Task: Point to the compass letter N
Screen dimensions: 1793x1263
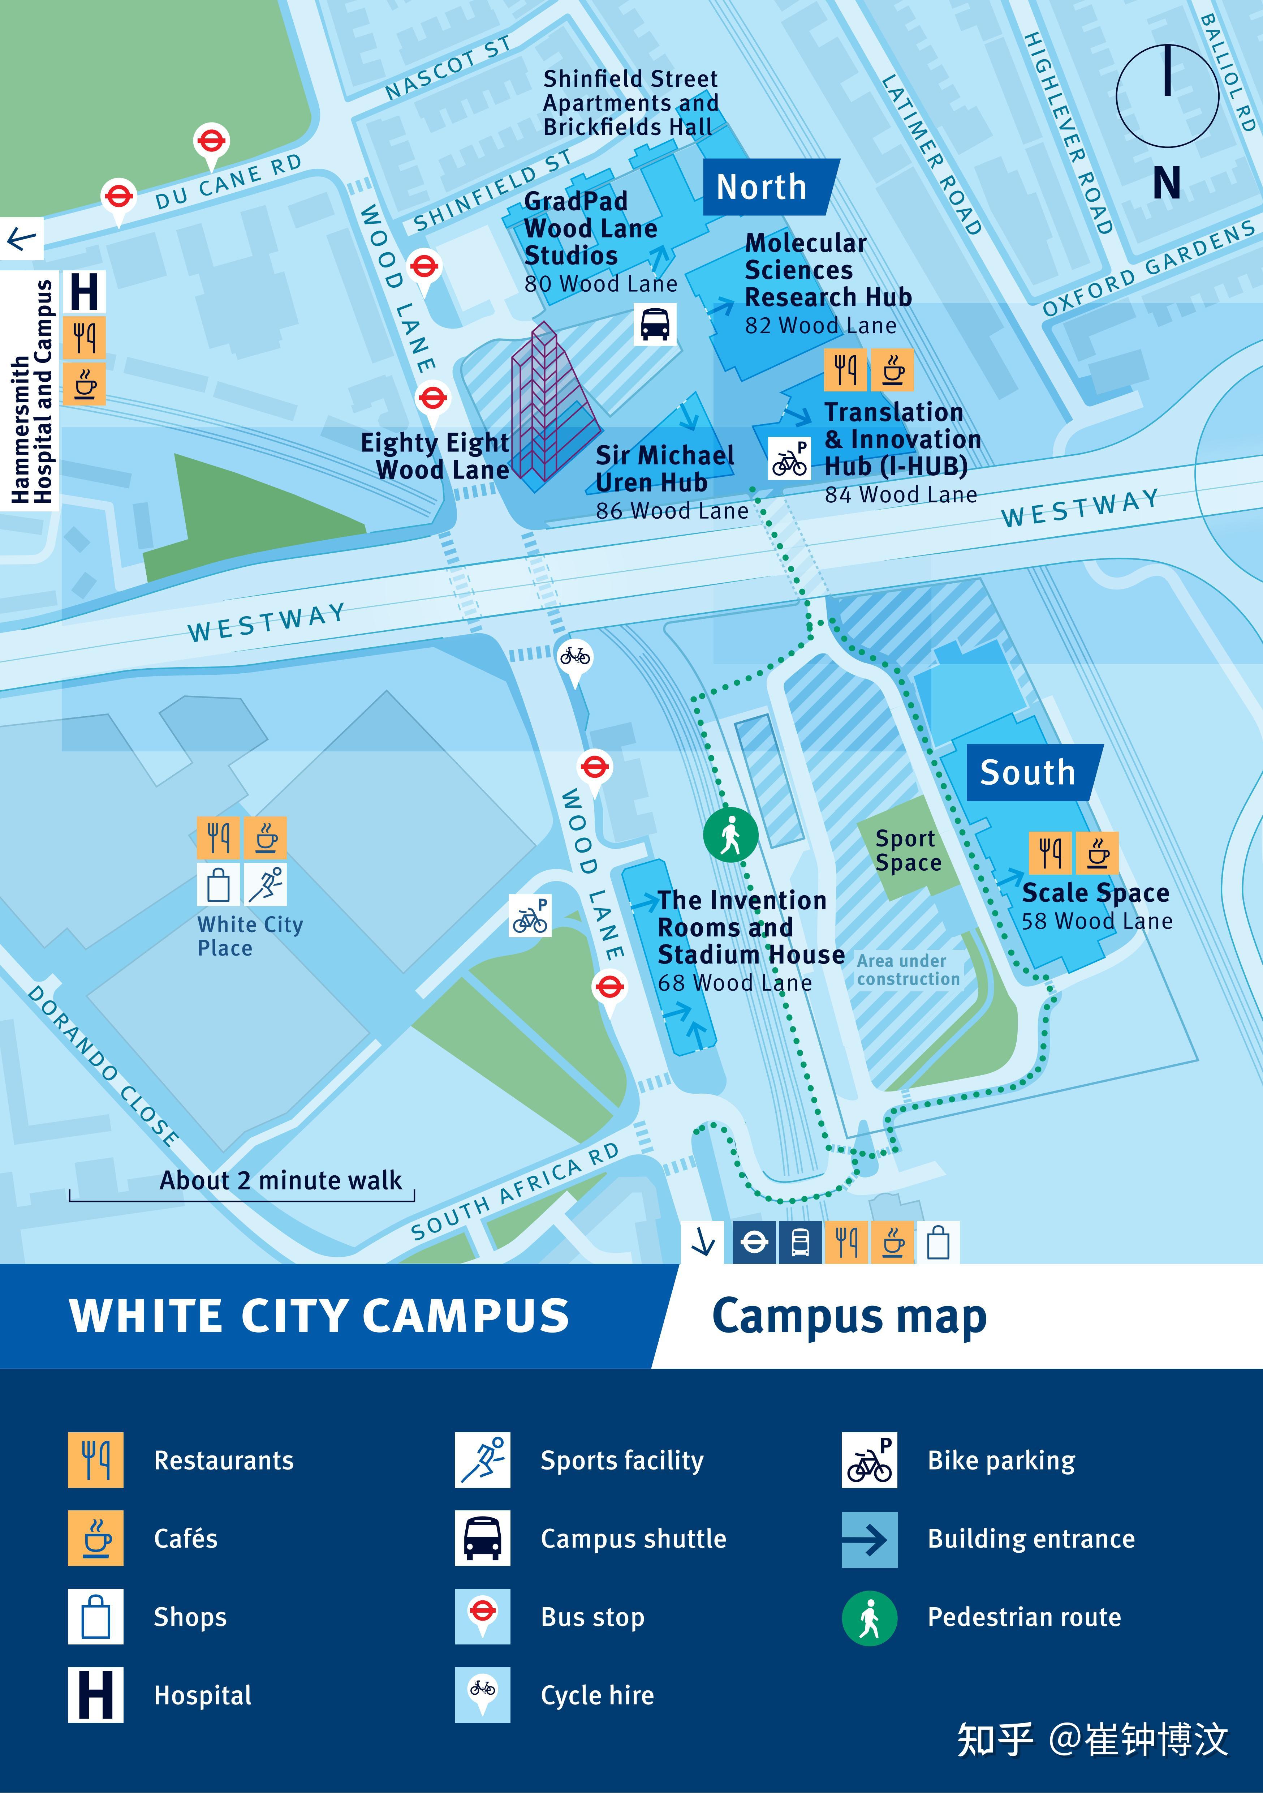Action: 1166,184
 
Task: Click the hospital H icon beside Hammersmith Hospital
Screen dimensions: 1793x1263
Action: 84,292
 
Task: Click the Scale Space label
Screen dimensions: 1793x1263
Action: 1095,893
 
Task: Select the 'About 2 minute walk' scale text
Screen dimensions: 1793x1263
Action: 281,1180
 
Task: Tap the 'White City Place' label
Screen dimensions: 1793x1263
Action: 250,936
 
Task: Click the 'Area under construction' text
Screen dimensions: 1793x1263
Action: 908,970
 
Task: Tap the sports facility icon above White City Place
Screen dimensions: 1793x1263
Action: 266,883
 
